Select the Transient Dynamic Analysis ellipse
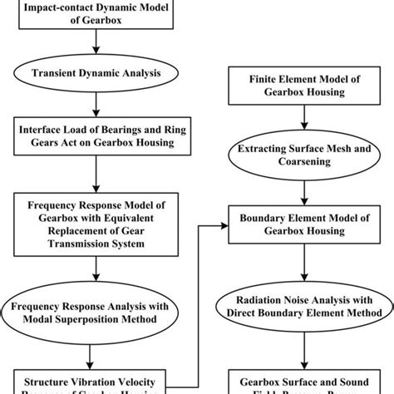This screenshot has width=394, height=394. click(98, 71)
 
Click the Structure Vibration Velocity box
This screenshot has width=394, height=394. click(98, 383)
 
